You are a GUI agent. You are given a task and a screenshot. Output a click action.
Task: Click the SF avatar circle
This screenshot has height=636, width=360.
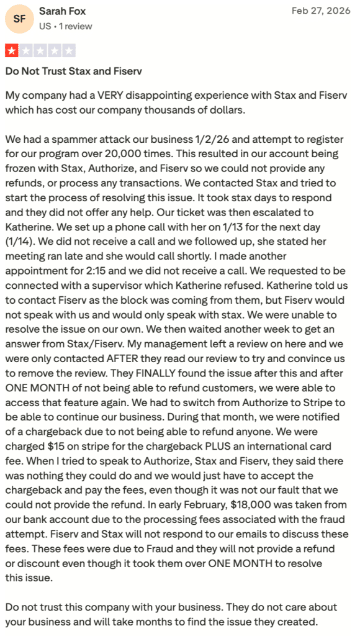(19, 19)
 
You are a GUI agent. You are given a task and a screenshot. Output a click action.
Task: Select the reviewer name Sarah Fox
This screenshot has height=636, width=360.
(62, 11)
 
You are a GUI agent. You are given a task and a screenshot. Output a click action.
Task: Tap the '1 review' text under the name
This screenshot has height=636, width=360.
(76, 26)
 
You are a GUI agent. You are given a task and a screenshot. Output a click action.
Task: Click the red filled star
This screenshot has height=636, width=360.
(12, 51)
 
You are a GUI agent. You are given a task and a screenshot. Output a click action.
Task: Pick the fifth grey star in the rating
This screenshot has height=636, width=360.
(69, 51)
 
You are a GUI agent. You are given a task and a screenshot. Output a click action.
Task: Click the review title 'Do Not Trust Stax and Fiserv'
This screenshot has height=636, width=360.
(73, 71)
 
